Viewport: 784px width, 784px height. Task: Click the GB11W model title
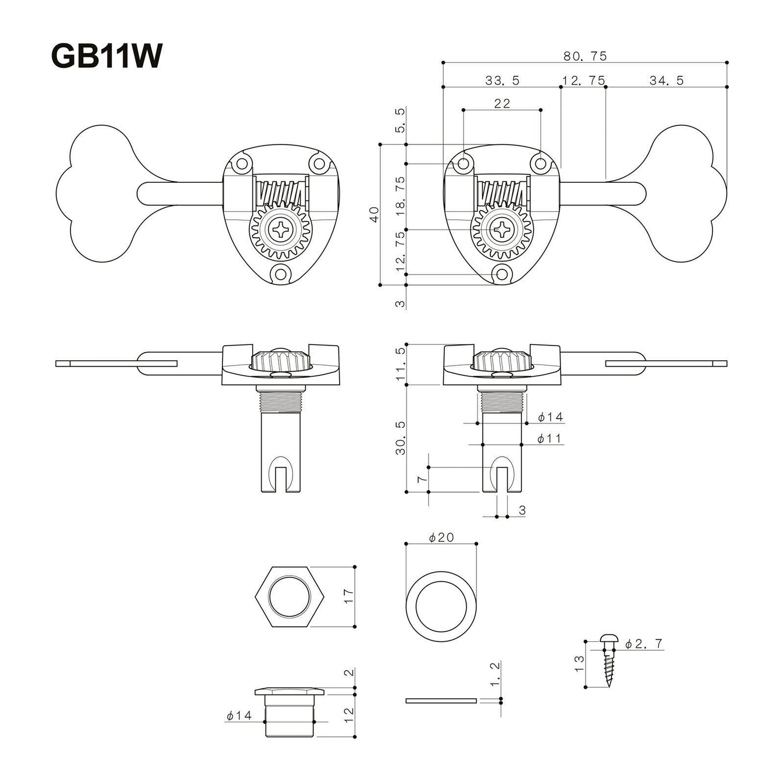106,55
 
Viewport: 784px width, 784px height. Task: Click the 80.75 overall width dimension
584,56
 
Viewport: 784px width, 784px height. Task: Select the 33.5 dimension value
502,81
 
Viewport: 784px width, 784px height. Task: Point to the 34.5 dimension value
666,81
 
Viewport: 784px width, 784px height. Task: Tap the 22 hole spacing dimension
502,104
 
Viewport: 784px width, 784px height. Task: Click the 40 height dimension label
374,215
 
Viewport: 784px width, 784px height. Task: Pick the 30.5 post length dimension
401,437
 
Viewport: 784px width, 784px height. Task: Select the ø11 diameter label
549,438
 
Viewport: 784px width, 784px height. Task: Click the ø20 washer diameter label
441,538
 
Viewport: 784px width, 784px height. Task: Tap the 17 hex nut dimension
348,596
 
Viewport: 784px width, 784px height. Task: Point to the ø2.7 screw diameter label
643,644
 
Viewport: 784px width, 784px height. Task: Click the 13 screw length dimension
579,663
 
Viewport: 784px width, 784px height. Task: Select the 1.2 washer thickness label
495,674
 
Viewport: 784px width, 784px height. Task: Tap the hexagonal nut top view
290,596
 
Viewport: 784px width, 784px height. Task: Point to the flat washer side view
441,700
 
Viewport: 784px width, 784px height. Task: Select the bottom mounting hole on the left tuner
281,274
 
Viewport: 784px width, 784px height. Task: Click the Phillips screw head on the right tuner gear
502,230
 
